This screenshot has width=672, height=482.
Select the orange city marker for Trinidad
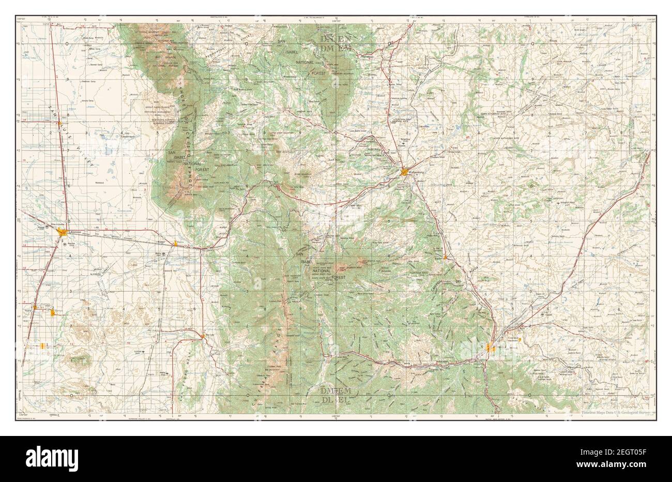tap(491, 349)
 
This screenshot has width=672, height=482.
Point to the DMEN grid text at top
tap(335, 39)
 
